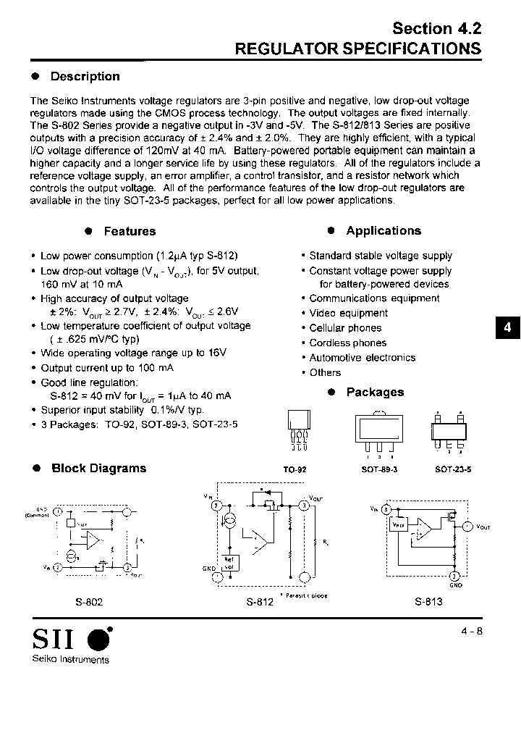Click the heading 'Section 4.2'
click(436, 28)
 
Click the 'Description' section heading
click(85, 77)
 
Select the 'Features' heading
click(130, 231)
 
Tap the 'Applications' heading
click(383, 231)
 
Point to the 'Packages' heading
click(374, 393)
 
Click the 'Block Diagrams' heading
click(98, 469)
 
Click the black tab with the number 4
click(507, 327)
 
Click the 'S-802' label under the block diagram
click(88, 601)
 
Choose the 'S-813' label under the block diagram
click(428, 601)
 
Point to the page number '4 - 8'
click(471, 631)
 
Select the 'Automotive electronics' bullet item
click(362, 358)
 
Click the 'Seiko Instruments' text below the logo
click(70, 659)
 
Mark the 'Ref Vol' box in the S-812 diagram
click(229, 562)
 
